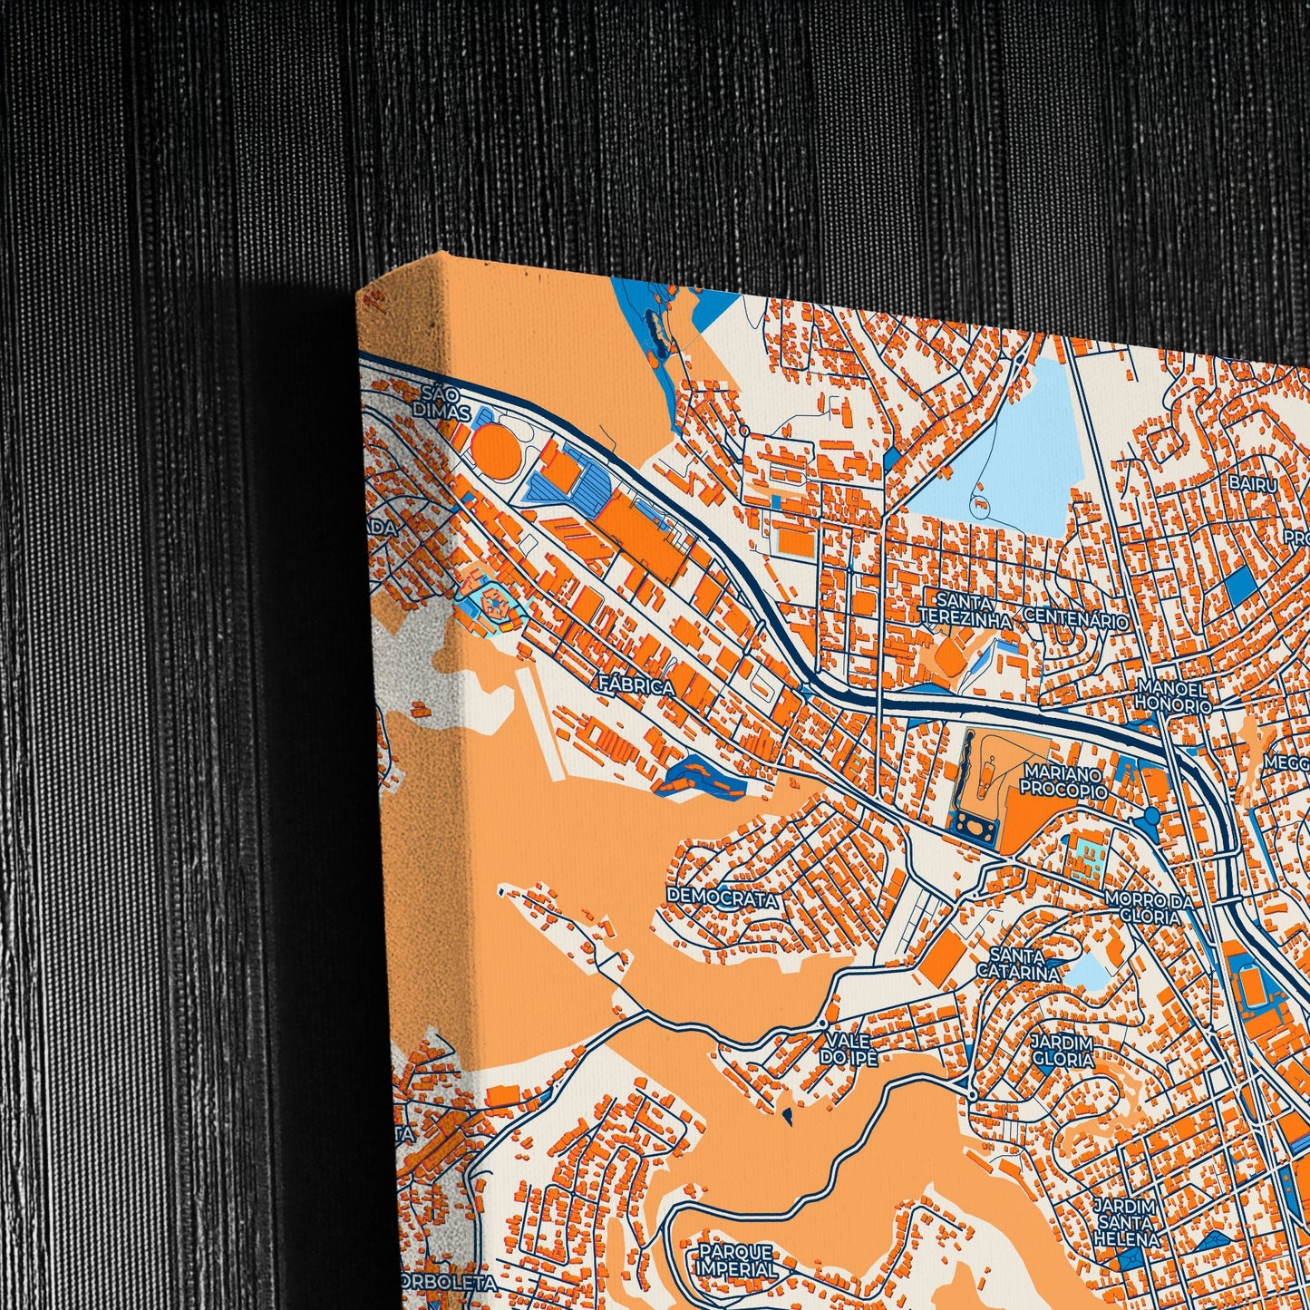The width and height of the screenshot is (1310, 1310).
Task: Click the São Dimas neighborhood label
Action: pos(444,403)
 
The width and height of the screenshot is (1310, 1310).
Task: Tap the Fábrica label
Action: pos(636,686)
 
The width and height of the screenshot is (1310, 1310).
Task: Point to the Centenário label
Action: pos(1076,621)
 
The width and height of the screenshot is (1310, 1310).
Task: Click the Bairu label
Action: pos(1253,484)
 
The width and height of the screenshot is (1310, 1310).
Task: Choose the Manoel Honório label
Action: pos(1174,696)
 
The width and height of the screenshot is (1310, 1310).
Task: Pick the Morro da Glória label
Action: pos(1143,907)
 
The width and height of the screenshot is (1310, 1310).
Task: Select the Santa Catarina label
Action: pos(1017,964)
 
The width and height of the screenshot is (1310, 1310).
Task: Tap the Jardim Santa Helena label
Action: pos(1125,1222)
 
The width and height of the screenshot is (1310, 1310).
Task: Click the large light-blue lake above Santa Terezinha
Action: pos(1015,453)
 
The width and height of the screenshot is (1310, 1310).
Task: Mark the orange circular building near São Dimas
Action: pos(495,448)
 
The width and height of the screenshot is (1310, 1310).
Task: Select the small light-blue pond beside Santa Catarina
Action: pos(1090,973)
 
